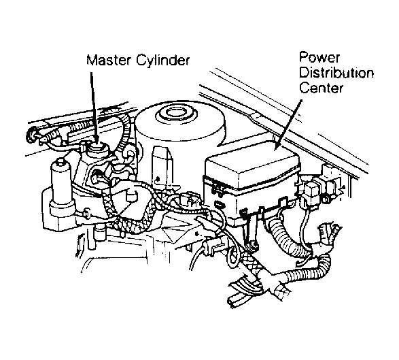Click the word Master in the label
click(109, 61)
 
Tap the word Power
click(319, 57)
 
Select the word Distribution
click(336, 73)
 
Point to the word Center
click(322, 88)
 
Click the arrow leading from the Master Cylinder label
click(94, 107)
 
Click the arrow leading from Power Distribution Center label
click(288, 125)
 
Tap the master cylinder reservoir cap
click(97, 148)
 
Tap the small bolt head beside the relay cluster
click(326, 199)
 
